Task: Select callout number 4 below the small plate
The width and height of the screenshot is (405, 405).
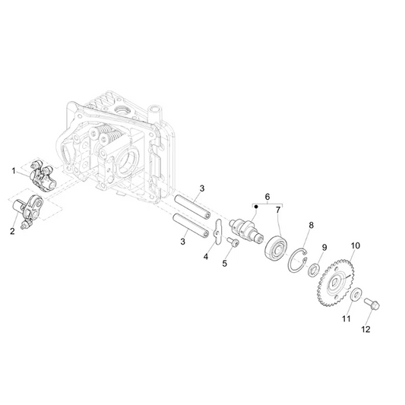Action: click(205, 257)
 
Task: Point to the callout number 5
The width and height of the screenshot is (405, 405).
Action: click(225, 263)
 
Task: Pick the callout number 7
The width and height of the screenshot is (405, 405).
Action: click(278, 209)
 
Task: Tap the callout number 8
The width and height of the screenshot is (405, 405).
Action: click(310, 226)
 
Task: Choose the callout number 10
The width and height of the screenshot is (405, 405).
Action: click(355, 246)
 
